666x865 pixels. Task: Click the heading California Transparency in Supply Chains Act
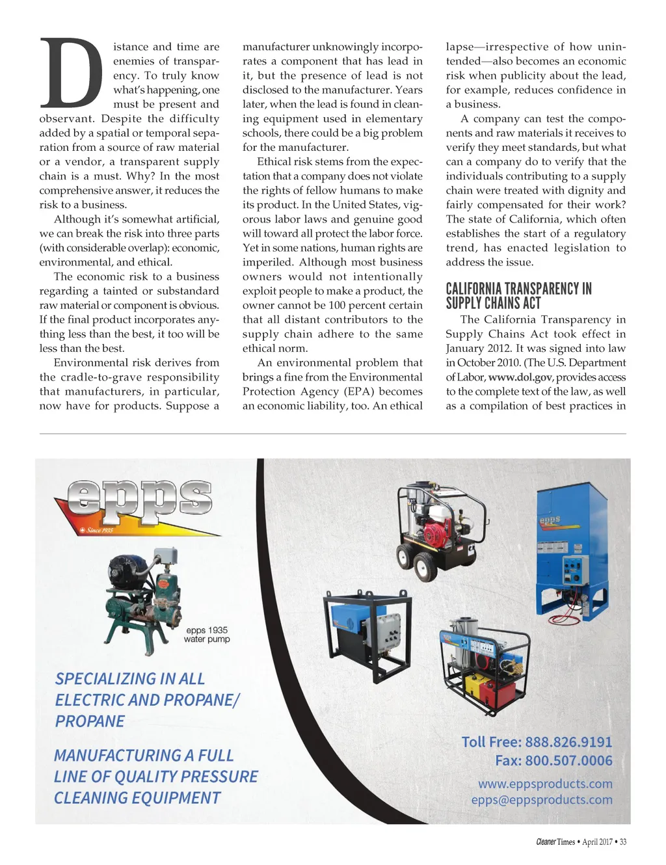518,296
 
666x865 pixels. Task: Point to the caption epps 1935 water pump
207,635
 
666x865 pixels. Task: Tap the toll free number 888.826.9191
568,742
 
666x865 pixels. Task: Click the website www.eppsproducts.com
545,784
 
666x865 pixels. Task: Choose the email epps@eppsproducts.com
542,799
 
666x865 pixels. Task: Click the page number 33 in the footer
622,842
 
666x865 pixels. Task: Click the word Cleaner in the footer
546,842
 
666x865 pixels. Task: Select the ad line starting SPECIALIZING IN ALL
130,679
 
